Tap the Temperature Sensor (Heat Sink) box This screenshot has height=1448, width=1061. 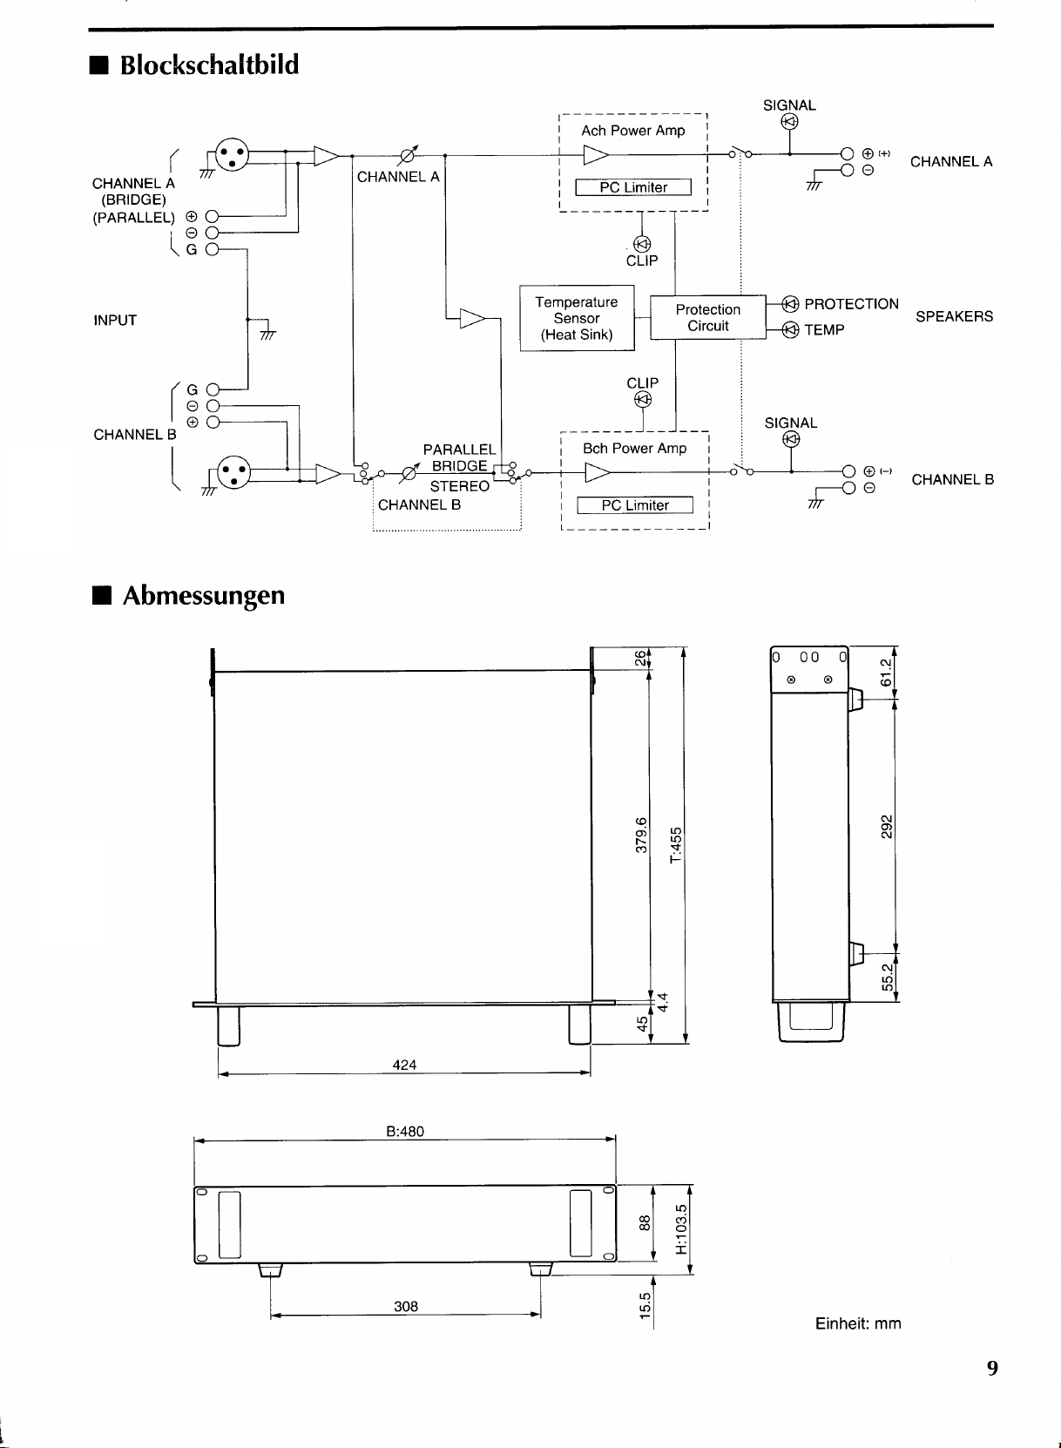(577, 318)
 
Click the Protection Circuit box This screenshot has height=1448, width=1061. (707, 318)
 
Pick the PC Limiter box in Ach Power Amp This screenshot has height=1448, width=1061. (633, 187)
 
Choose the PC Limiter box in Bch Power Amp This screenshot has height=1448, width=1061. (635, 505)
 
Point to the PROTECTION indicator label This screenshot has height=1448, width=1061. (851, 304)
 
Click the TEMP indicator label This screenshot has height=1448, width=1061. (824, 330)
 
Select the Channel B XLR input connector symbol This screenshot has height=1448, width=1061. (232, 474)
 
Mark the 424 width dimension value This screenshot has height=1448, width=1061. (405, 1065)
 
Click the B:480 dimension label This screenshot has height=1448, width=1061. (405, 1132)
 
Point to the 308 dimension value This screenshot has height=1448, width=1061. (406, 1306)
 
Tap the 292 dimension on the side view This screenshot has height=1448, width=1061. (887, 825)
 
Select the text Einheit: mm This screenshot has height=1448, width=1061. (858, 1323)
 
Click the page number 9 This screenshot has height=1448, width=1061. (992, 1368)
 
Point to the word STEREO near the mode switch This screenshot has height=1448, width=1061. (459, 486)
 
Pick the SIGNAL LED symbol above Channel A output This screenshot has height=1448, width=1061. (789, 122)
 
